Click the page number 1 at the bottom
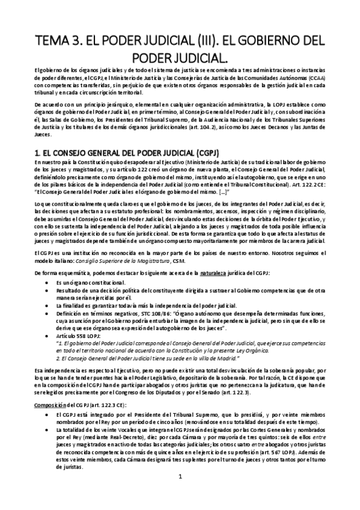[180, 478]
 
